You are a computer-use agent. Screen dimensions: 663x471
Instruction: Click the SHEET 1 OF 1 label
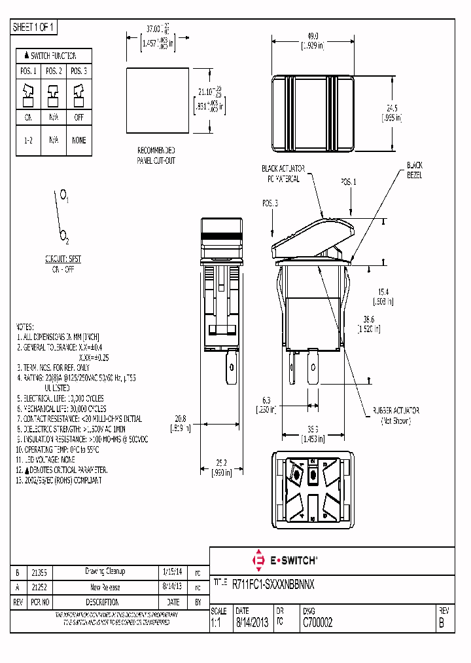35,28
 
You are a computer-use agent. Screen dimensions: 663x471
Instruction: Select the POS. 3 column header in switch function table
79,71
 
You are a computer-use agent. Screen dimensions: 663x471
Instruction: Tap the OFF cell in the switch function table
79,118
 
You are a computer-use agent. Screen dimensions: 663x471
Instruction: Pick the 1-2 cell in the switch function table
28,140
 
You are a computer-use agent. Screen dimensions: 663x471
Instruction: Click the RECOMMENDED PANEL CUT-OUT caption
156,155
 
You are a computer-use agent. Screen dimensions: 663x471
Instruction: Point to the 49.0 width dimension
312,37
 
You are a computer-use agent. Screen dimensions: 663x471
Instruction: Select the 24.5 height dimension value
392,108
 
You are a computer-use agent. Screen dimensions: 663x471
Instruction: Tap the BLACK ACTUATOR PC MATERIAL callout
283,173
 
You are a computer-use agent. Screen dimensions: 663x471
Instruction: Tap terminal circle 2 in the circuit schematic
62,233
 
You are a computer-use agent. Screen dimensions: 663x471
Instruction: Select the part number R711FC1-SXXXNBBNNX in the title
273,583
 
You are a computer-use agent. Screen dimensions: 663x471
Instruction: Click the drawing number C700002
317,623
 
